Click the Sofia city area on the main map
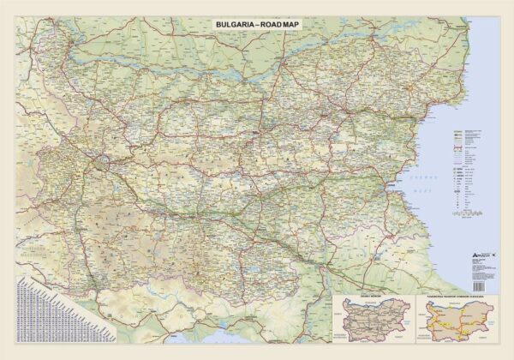point(104,159)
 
